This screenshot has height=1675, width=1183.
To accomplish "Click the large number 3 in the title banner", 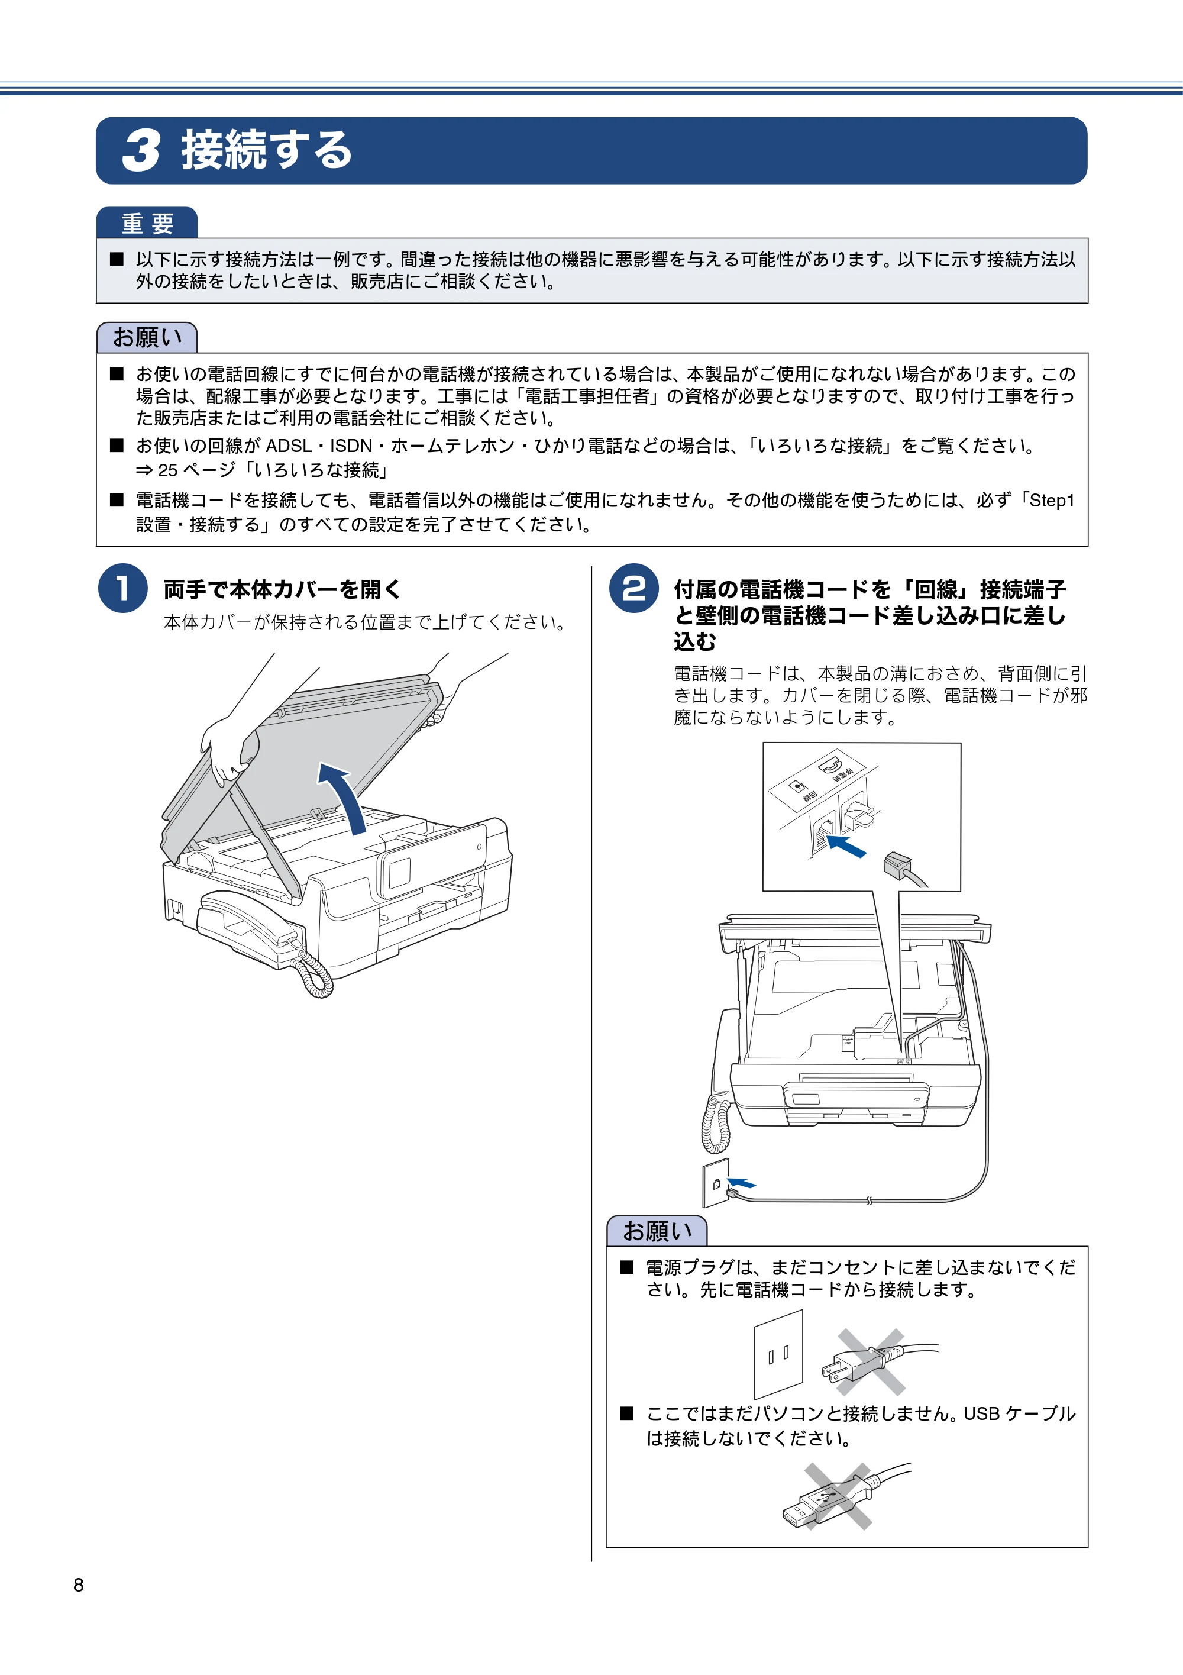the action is tap(141, 151).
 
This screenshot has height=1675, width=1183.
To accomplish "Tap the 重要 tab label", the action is tap(147, 223).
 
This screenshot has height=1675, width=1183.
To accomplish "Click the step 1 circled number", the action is tap(122, 588).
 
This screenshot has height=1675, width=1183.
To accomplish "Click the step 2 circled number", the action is tap(634, 588).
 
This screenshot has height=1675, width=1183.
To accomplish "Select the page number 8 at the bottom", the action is tap(79, 1584).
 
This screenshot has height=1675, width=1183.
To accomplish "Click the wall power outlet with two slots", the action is tap(778, 1355).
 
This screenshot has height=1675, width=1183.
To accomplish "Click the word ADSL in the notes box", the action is tap(288, 446).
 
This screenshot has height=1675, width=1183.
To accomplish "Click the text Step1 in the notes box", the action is tap(1052, 501).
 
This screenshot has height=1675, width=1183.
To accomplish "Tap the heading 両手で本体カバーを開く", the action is tap(282, 589).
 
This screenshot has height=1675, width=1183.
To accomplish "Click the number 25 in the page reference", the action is tap(168, 470).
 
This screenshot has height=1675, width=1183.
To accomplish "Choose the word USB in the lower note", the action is tap(982, 1414).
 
